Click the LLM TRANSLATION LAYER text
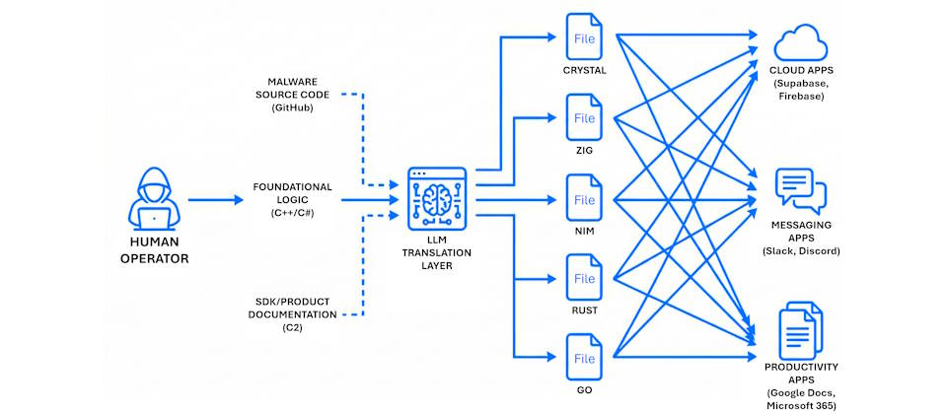(x=436, y=252)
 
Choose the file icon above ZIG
(x=585, y=118)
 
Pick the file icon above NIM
(x=585, y=200)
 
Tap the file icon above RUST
(x=585, y=279)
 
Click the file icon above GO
(x=585, y=358)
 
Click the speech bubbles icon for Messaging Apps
(x=800, y=190)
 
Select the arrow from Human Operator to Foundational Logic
(x=215, y=200)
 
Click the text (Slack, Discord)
(x=800, y=251)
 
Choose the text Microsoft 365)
(x=800, y=405)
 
